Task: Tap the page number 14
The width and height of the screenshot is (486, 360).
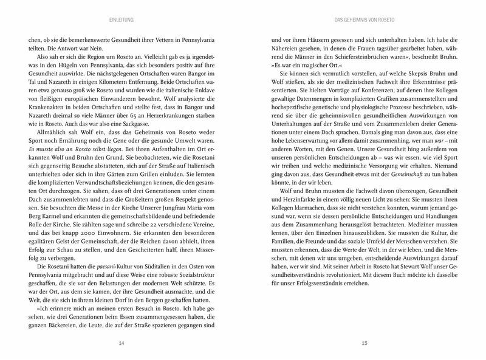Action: coord(122,344)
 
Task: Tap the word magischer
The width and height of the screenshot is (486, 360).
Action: coord(304,66)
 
